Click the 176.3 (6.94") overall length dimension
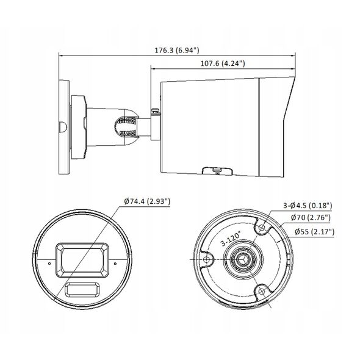tap(176, 50)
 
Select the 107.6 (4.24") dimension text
tap(223, 63)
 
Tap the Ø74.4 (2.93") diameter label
tap(147, 201)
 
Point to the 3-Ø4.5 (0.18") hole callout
tap(308, 205)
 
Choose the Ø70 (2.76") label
tap(311, 217)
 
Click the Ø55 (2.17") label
tap(314, 232)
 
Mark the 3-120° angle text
tap(231, 239)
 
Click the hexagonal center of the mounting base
tap(243, 260)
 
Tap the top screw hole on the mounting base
tap(262, 228)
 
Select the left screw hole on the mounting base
tap(207, 260)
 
